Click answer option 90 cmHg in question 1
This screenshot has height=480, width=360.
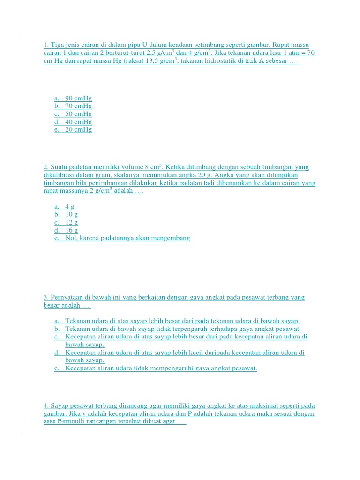78,98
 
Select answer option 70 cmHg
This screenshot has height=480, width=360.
78,106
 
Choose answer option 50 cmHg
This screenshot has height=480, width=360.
78,114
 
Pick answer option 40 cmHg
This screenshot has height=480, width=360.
78,122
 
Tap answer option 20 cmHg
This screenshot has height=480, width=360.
78,129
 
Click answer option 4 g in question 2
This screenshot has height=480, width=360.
70,207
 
